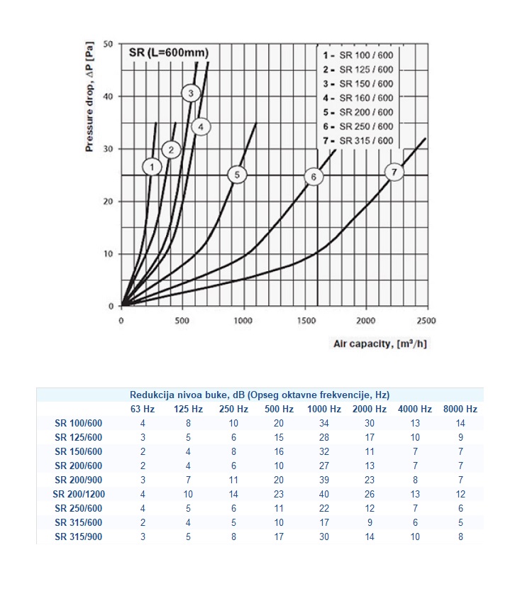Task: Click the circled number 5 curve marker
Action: [x=237, y=175]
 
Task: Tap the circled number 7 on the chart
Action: [x=394, y=172]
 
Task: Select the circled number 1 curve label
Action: [x=152, y=167]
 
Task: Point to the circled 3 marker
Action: [x=191, y=93]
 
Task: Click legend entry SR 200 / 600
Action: [x=358, y=112]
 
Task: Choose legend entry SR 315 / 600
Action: [x=358, y=141]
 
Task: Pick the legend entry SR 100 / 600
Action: [x=358, y=55]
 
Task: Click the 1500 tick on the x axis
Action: [x=306, y=321]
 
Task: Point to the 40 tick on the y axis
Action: [x=108, y=97]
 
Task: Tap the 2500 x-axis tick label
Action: [x=426, y=321]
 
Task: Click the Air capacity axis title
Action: [x=380, y=344]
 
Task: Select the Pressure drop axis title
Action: [x=89, y=97]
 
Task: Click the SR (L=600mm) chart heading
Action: [x=169, y=53]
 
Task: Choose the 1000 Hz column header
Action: [x=324, y=409]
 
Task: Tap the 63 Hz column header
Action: [x=143, y=409]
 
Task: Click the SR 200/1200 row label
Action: [x=79, y=494]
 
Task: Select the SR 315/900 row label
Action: [x=79, y=537]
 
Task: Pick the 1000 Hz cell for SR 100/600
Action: [x=324, y=423]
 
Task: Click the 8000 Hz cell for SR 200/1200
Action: [x=460, y=494]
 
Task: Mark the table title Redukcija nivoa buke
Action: [x=260, y=395]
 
